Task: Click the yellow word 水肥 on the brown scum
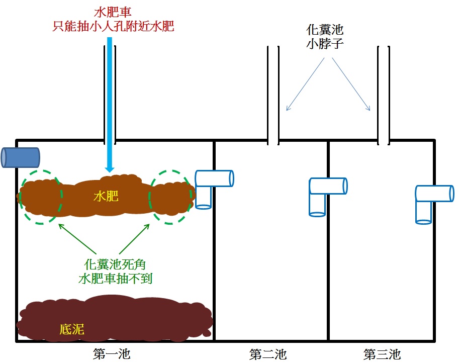[x=106, y=196]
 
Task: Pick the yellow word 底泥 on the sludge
[x=72, y=329]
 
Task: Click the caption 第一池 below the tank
[x=112, y=354]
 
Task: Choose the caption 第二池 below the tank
[x=268, y=354]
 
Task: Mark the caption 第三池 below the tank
[x=382, y=354]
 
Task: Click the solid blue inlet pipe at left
[x=21, y=157]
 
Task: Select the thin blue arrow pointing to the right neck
[x=352, y=85]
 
